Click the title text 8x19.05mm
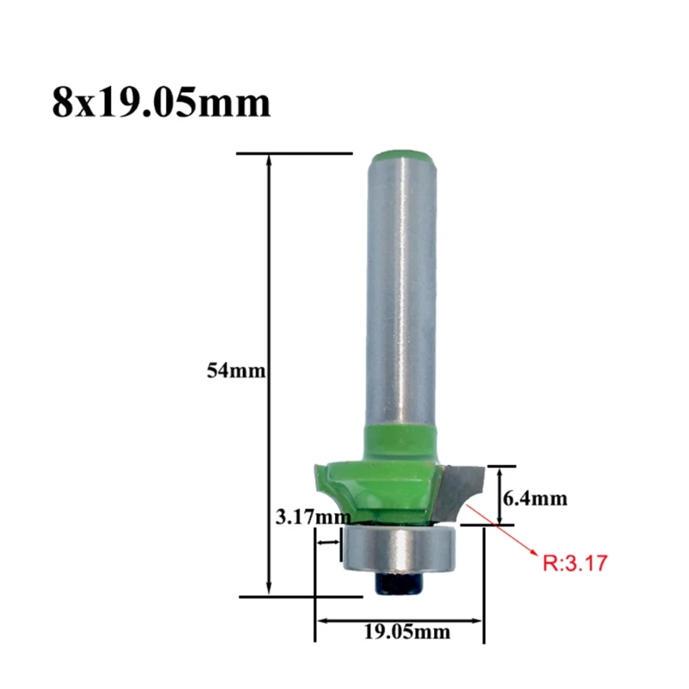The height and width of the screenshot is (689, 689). point(161,102)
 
